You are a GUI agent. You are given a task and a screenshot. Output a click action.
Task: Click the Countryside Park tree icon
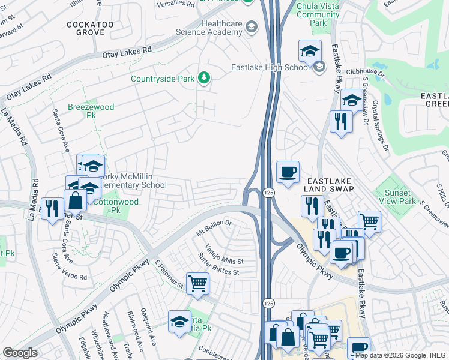click(205, 78)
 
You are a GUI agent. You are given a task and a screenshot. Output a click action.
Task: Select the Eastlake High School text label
click(271, 67)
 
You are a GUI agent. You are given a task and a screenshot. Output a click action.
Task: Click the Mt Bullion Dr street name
click(214, 227)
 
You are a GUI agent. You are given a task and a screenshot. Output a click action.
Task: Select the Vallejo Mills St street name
click(224, 257)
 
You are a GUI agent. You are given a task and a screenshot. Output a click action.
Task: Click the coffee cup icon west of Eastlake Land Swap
click(288, 172)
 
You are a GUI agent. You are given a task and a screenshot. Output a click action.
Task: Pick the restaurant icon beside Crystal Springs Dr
click(341, 122)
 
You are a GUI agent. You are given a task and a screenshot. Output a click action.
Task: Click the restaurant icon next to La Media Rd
click(52, 208)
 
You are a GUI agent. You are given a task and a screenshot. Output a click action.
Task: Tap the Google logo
click(20, 353)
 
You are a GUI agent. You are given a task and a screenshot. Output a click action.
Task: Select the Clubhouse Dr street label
click(373, 72)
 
